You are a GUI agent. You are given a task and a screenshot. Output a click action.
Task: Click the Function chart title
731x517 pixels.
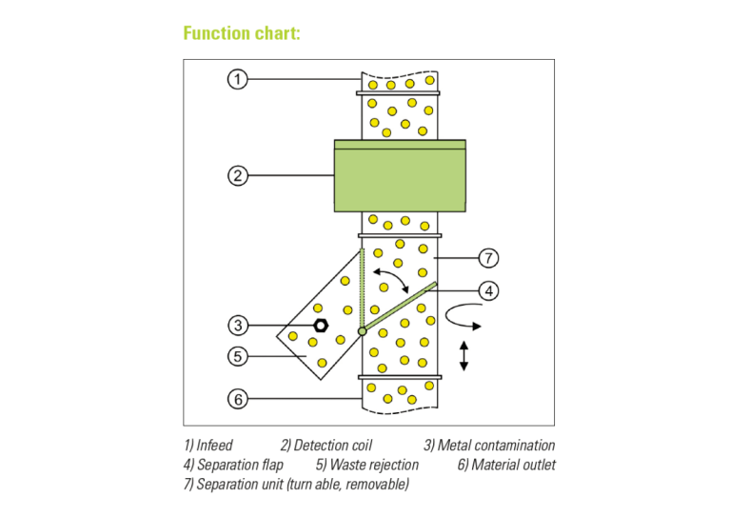(x=242, y=34)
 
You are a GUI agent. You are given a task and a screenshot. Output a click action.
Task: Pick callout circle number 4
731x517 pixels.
(x=488, y=290)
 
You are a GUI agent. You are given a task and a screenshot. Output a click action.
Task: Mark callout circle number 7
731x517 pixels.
(x=488, y=258)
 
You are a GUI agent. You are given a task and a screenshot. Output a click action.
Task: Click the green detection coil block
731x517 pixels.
(x=400, y=176)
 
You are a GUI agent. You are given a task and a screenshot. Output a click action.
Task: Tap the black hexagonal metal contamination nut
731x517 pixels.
(x=321, y=326)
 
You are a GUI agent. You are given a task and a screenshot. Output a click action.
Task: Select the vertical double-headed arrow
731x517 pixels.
(x=464, y=355)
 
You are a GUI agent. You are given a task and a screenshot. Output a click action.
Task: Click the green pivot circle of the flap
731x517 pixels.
(x=362, y=331)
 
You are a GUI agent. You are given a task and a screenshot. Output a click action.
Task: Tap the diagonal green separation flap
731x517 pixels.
(x=400, y=306)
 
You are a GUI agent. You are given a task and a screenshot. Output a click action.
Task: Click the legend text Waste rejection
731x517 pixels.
(x=372, y=465)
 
